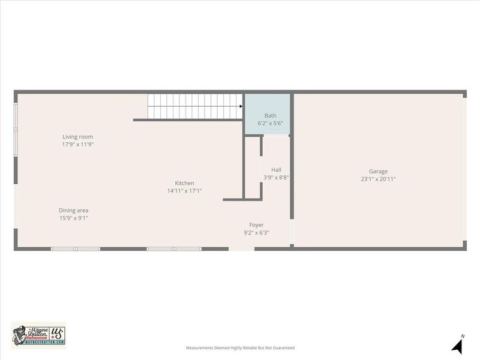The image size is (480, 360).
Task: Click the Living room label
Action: (x=78, y=137)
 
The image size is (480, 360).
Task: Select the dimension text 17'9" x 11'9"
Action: (x=78, y=145)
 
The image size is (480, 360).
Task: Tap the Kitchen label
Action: (x=184, y=183)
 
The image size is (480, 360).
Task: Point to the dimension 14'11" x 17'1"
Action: (x=184, y=191)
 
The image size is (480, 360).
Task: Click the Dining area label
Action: (x=73, y=210)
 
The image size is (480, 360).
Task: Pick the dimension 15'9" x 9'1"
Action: (x=73, y=218)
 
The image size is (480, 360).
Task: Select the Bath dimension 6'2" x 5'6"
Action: (x=270, y=123)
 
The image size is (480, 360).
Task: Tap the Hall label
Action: (x=276, y=170)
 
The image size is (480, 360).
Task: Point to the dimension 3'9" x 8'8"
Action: (x=276, y=178)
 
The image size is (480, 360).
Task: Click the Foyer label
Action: (x=256, y=225)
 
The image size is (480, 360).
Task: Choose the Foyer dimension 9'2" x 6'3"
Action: (x=256, y=233)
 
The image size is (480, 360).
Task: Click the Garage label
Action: (x=378, y=171)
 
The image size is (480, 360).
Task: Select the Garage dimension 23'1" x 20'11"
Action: (x=378, y=179)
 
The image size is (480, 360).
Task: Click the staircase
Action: (x=192, y=106)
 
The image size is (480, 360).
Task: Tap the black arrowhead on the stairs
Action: (x=240, y=106)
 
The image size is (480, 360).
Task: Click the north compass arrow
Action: (x=457, y=346)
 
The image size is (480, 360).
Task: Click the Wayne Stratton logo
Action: (x=38, y=335)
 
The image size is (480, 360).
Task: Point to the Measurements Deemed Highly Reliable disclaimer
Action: (x=240, y=347)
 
